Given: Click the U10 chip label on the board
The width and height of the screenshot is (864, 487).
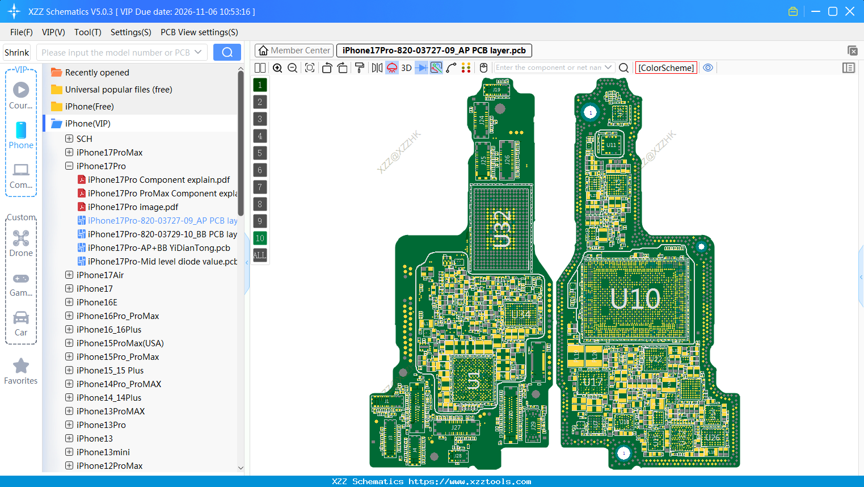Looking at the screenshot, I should coord(635,299).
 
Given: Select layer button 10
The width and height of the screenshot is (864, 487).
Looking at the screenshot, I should coord(260,238).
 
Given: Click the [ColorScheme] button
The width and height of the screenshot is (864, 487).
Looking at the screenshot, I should coord(666,68).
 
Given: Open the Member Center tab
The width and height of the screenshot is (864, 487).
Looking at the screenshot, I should coord(294,51).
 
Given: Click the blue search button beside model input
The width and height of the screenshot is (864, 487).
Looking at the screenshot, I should coord(227,52).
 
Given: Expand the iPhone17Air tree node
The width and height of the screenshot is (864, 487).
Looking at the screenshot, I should coord(69,275).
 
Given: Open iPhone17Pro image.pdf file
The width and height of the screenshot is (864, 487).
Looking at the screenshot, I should coord(133,207).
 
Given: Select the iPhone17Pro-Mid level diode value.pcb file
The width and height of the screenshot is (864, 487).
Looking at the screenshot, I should coord(162,262).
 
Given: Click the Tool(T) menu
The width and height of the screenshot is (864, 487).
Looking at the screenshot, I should coord(87,32).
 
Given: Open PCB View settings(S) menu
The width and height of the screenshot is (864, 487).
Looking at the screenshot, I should coord(199,32).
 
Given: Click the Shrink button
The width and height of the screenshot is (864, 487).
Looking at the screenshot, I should coord(16,52).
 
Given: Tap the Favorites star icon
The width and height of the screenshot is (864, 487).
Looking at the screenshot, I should coord(21,366).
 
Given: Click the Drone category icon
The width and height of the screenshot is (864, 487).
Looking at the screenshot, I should coord(21,238).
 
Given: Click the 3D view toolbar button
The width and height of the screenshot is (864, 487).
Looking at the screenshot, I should coord(406,68).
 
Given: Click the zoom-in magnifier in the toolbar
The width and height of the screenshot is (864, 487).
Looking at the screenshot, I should coord(277,68).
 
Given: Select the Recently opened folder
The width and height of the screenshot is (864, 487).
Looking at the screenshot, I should coord(97,73).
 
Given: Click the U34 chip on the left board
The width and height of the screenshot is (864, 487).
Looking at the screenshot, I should coord(520,314).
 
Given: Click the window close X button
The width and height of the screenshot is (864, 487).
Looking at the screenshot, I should coord(850,11).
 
